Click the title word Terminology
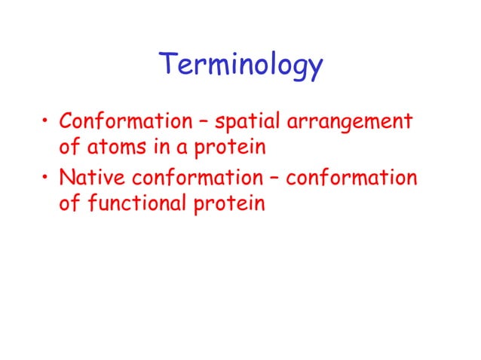pos(240,67)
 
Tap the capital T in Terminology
pos(168,65)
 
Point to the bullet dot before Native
pos(47,180)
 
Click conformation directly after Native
pos(191,179)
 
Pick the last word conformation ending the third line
pos(351,179)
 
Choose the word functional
pos(138,204)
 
